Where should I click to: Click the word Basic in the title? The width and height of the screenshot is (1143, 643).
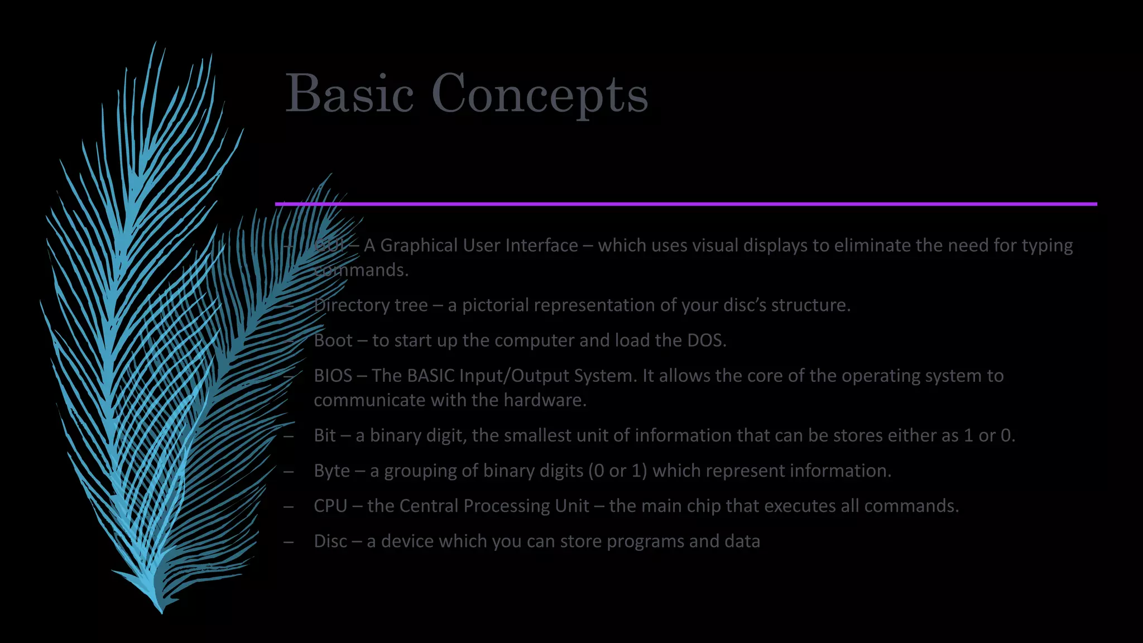tap(349, 93)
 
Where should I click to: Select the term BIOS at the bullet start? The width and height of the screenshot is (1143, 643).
tap(333, 376)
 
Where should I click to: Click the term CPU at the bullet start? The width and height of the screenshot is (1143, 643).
tap(330, 506)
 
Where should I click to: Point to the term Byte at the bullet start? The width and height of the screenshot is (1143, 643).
tap(332, 471)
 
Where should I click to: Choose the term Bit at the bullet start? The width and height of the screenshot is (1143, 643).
tap(325, 435)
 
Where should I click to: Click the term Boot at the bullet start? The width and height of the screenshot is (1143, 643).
tap(333, 340)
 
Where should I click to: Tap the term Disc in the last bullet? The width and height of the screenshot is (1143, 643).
tap(330, 541)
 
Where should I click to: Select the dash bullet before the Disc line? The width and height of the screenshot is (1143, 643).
tap(289, 542)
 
